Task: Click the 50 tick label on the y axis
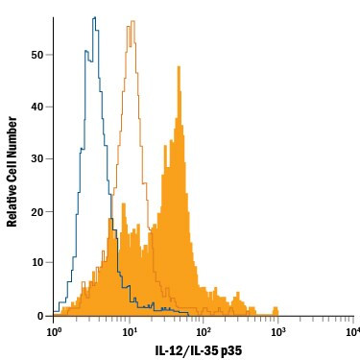tap(37, 55)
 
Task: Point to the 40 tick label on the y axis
tap(37, 107)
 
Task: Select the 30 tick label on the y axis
tap(37, 158)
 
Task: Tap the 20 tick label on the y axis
tap(37, 211)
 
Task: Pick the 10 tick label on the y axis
tap(37, 263)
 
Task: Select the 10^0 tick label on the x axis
tap(55, 331)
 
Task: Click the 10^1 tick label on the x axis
tap(129, 331)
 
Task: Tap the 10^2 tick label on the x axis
tap(204, 331)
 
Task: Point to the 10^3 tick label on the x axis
tap(277, 331)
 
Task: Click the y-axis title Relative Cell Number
tap(12, 171)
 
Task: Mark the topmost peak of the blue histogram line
tap(94, 17)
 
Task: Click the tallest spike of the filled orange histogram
tap(177, 66)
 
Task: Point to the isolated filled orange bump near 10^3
tap(276, 309)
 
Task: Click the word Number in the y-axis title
tap(12, 138)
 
